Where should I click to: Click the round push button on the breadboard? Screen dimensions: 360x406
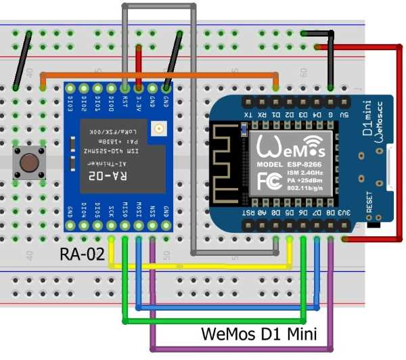29,162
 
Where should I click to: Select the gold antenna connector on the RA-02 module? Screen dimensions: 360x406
158,128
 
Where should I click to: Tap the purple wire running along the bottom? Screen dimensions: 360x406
244,348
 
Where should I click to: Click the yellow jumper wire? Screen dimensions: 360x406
203,265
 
